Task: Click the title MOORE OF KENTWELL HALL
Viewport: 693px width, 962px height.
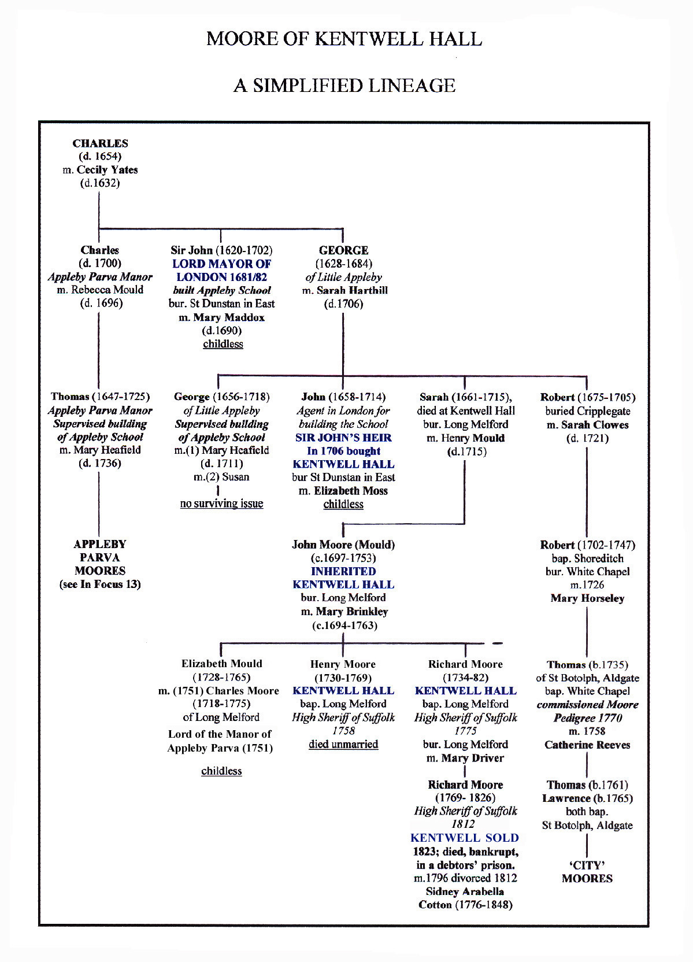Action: (x=344, y=39)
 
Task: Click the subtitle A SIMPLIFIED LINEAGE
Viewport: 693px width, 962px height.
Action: (x=344, y=86)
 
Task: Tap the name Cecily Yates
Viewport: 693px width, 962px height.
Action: (x=108, y=169)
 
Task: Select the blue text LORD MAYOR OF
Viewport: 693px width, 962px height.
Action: (x=221, y=264)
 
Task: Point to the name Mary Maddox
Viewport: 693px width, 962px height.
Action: (x=228, y=317)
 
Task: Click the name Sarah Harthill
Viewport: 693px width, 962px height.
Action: (x=352, y=290)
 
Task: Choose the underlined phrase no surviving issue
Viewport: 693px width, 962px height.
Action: (x=221, y=504)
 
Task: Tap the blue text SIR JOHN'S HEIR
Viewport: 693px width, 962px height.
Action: (x=343, y=438)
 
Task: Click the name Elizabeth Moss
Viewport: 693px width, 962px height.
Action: (x=351, y=491)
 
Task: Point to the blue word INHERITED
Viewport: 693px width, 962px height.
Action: (x=343, y=571)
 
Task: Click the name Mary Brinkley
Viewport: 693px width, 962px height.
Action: (x=351, y=612)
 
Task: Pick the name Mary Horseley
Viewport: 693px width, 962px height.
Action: (x=587, y=598)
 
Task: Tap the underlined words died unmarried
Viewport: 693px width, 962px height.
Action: (x=343, y=744)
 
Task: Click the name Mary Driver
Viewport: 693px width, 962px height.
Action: (x=472, y=758)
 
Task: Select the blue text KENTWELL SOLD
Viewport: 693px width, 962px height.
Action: (x=465, y=838)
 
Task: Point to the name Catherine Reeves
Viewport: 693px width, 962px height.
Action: (x=587, y=745)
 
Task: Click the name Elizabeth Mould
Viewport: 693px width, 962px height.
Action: (x=221, y=664)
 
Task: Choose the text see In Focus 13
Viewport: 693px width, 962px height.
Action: (x=100, y=584)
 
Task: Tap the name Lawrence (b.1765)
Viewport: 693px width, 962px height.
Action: (x=587, y=798)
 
